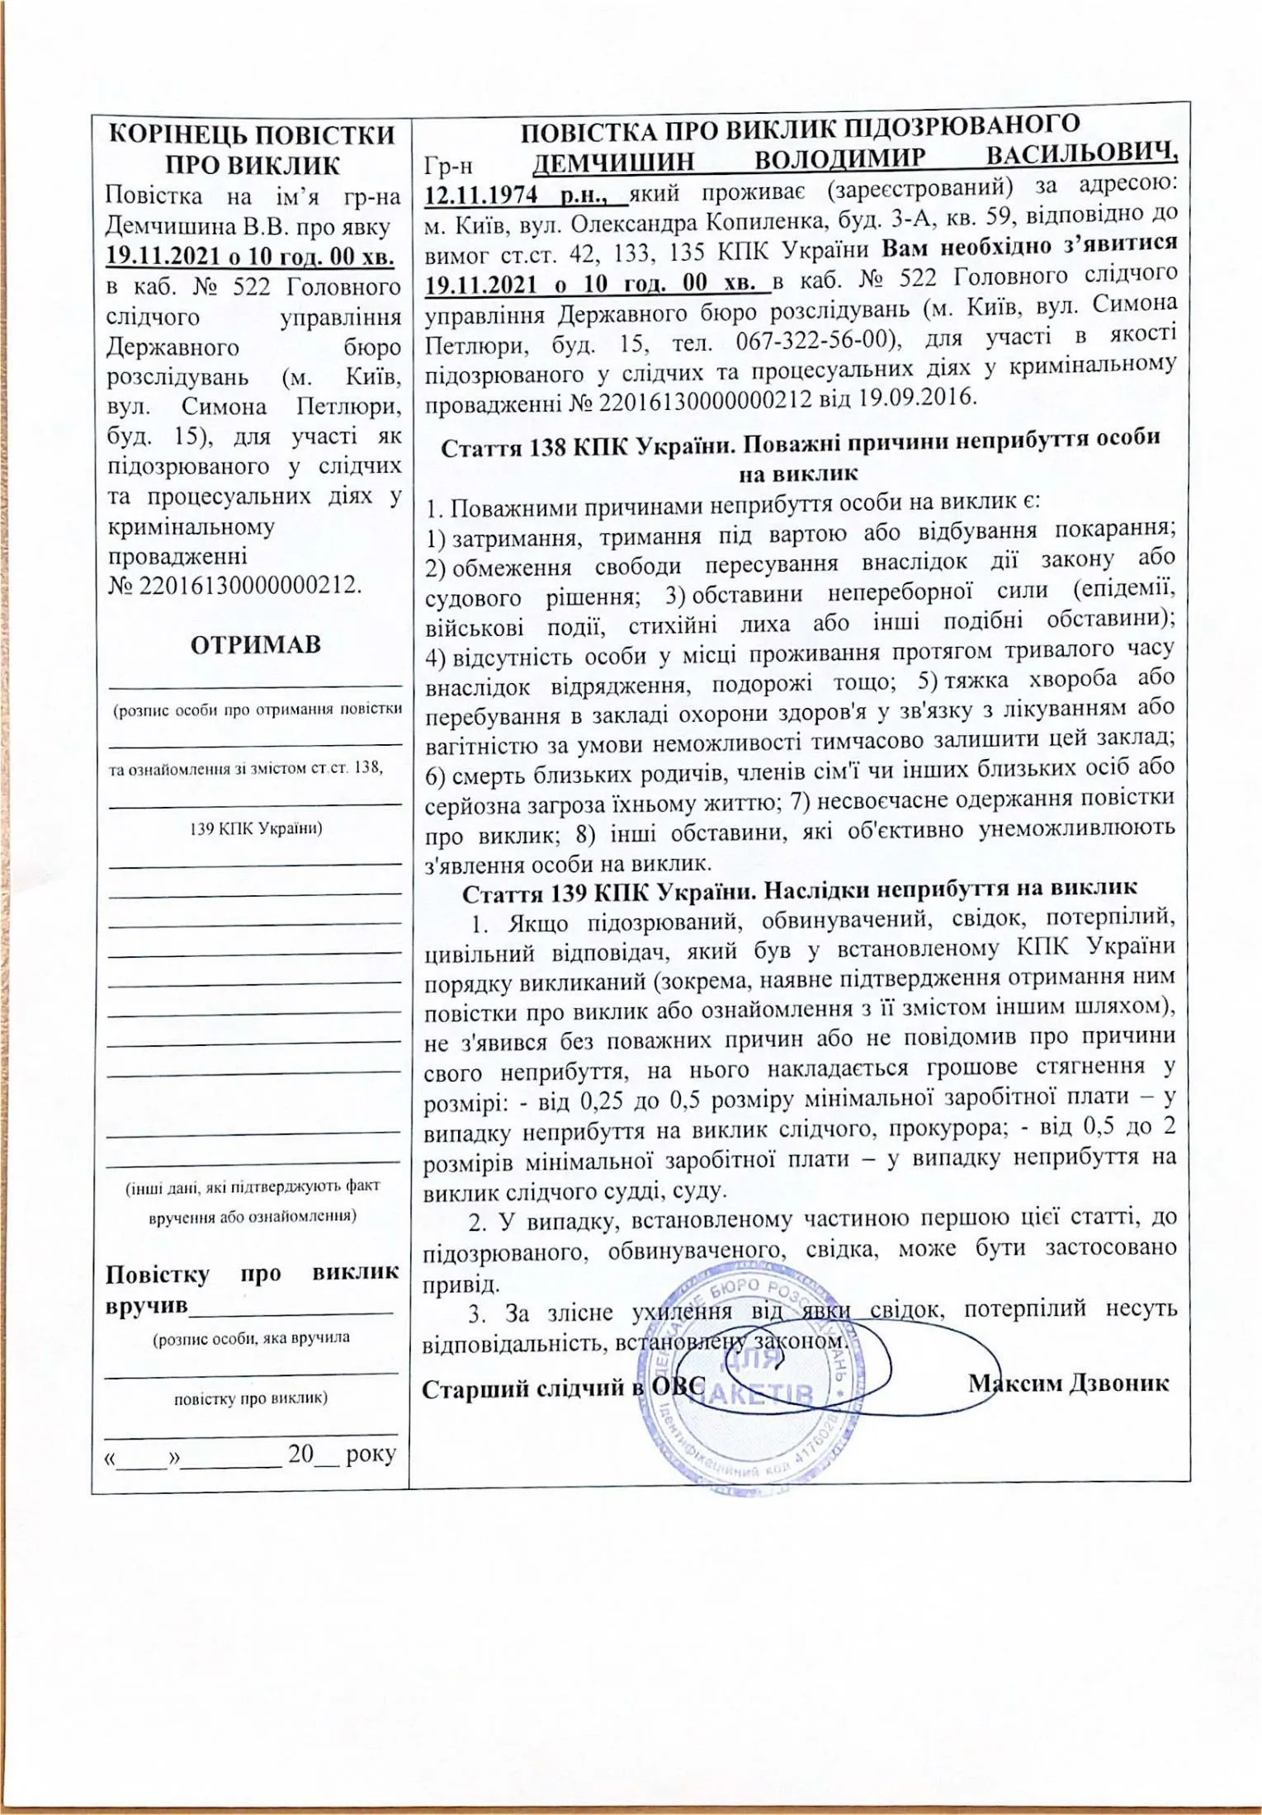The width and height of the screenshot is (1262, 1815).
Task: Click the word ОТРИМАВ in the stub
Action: [x=255, y=644]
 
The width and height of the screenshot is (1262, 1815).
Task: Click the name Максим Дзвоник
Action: [x=1069, y=1382]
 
